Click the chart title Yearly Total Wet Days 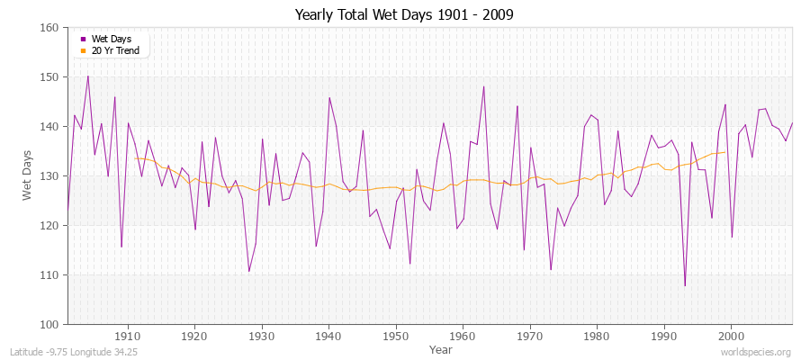pos(404,15)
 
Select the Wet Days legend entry pos(110,39)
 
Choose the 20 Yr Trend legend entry pos(113,50)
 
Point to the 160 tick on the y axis pos(50,28)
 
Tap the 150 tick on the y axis pos(50,77)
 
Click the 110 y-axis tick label pos(50,274)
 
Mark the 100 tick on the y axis pos(50,324)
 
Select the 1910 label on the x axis pos(128,336)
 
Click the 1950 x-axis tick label pos(396,336)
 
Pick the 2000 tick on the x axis pos(731,336)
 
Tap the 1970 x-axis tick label pos(530,336)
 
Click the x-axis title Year pos(441,348)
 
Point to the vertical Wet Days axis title pos(27,175)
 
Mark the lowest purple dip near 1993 pos(685,286)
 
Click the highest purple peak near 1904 pos(87,76)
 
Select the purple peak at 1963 pos(483,86)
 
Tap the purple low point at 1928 pos(249,271)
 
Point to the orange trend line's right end pos(724,152)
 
